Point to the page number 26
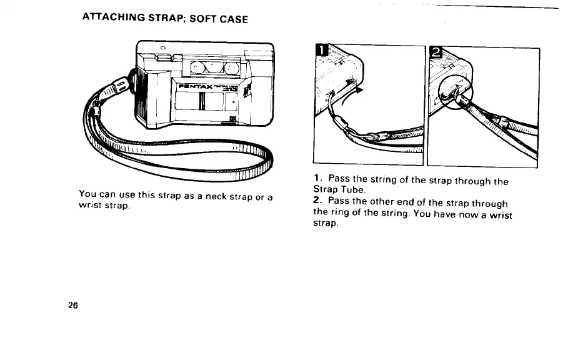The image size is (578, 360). pyautogui.click(x=73, y=306)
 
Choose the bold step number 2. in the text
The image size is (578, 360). pyautogui.click(x=316, y=202)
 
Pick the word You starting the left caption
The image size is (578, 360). pyautogui.click(x=89, y=194)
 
